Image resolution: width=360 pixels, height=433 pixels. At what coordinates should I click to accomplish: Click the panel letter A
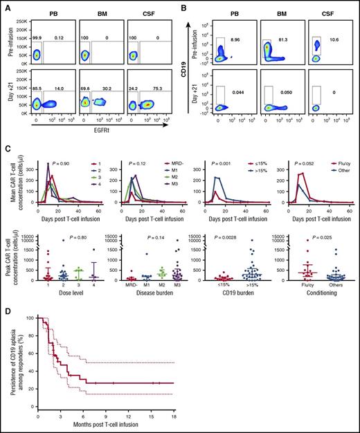(5, 6)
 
